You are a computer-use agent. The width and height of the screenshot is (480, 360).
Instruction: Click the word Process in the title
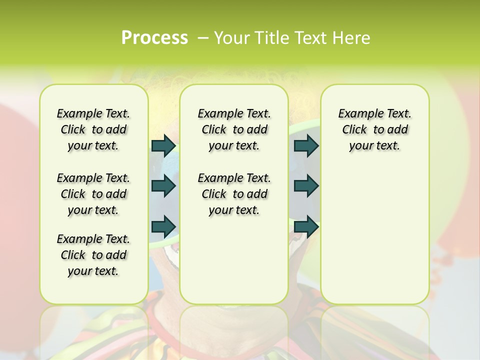(x=154, y=38)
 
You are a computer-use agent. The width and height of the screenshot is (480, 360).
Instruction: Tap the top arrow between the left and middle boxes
(x=163, y=145)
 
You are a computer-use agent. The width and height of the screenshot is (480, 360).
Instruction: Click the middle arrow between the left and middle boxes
(x=163, y=186)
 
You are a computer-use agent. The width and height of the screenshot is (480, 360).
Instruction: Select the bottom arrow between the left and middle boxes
(x=163, y=226)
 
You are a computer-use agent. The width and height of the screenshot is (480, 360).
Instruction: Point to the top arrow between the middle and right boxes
(x=306, y=145)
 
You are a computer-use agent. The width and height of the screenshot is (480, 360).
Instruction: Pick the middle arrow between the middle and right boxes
(x=306, y=186)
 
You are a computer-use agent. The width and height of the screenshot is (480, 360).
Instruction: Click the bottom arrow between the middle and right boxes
(x=306, y=226)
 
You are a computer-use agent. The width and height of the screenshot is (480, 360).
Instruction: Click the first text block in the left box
(x=93, y=129)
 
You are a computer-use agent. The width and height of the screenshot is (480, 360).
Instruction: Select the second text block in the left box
(x=93, y=194)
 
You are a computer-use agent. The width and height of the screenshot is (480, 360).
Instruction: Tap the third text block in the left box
(x=93, y=255)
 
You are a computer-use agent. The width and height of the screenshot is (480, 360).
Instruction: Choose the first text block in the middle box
(x=234, y=129)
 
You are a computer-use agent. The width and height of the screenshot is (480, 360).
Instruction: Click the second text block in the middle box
(x=234, y=194)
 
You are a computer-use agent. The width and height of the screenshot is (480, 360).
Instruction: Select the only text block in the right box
(x=374, y=129)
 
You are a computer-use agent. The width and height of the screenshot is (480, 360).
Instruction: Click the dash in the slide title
(x=203, y=38)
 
